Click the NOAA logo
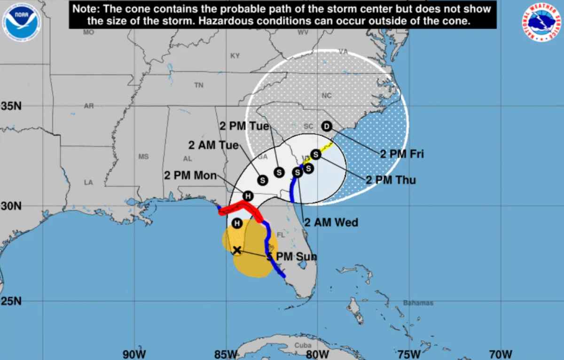[x=21, y=21]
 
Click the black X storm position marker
[x=237, y=250]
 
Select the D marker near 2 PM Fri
[x=327, y=126]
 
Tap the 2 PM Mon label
[x=190, y=176]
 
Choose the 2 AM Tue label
[x=213, y=145]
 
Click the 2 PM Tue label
[x=244, y=126]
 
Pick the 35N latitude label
[x=11, y=106]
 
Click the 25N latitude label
[x=11, y=301]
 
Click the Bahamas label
[x=418, y=303]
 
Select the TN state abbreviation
[x=199, y=85]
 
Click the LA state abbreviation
[x=88, y=182]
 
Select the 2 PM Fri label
[x=402, y=154]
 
